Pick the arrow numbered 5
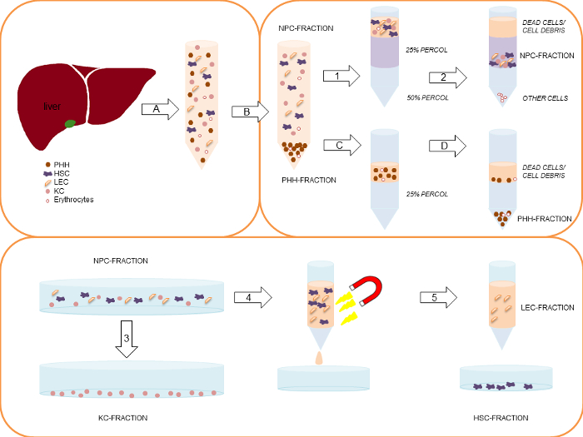[x=441, y=295]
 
